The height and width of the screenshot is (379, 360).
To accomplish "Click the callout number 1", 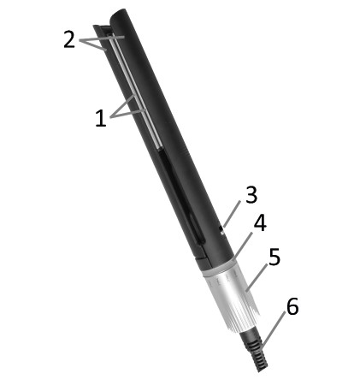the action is click(x=101, y=118).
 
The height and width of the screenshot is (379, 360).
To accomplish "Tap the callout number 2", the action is click(x=69, y=40).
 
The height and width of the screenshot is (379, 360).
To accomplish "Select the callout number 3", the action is click(x=251, y=195).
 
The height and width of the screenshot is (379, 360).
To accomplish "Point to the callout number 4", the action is click(x=260, y=223).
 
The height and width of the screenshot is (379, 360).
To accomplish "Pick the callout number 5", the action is click(x=274, y=257).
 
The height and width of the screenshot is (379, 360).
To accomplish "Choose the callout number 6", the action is click(x=292, y=306).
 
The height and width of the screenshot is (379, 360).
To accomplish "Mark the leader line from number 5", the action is click(x=257, y=277).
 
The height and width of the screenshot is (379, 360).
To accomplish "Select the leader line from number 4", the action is click(x=243, y=246).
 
